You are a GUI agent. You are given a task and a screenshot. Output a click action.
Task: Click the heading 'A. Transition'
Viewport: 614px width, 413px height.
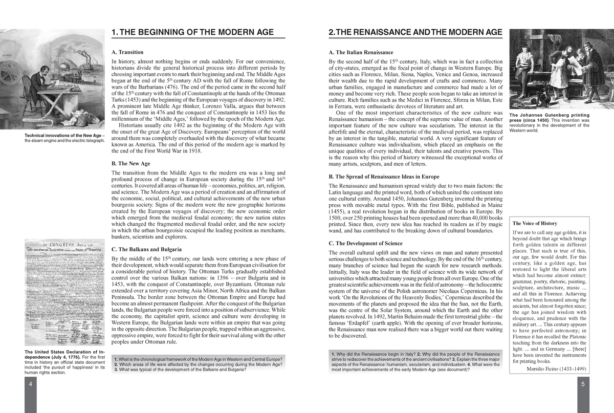127,52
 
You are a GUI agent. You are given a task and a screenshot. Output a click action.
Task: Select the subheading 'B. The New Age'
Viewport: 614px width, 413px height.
130,163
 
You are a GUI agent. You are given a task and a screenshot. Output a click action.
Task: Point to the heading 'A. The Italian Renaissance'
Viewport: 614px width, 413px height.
361,52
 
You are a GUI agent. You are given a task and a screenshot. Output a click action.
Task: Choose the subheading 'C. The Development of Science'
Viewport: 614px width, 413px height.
365,243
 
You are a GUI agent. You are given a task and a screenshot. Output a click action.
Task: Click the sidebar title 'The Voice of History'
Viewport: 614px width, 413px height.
535,224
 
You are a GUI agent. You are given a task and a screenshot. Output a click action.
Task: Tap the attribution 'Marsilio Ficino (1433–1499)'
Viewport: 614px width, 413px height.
556,369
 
